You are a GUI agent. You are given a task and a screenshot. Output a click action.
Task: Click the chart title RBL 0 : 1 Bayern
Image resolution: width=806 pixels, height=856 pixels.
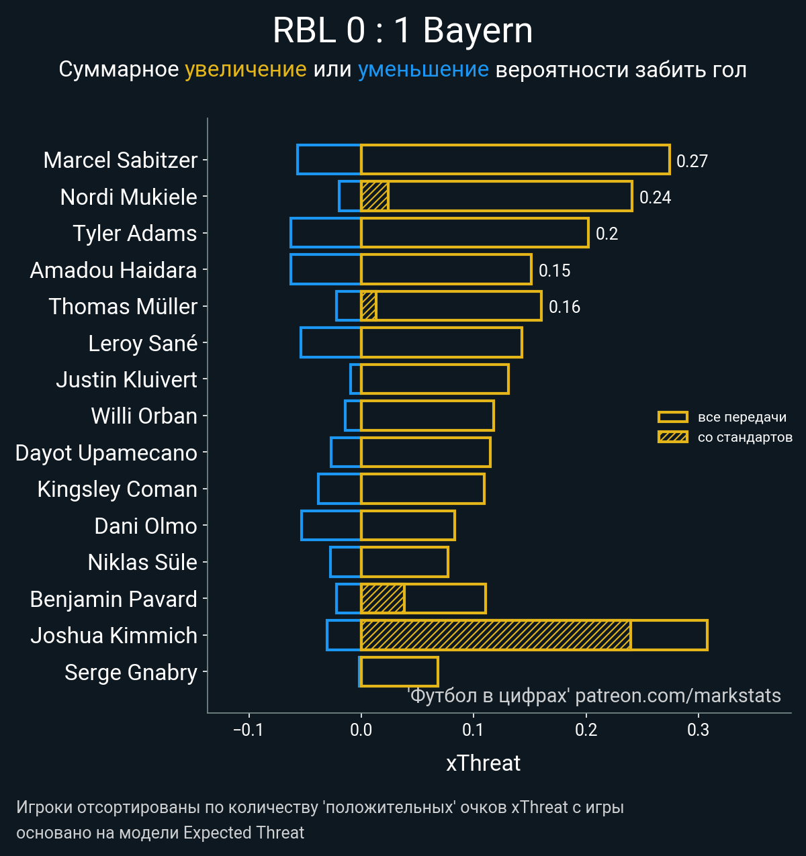(403, 31)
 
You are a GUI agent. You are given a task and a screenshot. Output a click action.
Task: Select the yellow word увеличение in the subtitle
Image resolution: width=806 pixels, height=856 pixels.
(245, 69)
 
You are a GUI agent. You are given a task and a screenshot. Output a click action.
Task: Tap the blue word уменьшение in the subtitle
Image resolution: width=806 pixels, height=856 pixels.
(423, 69)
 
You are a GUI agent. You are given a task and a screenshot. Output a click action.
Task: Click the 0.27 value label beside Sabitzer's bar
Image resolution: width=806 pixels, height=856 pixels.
(692, 161)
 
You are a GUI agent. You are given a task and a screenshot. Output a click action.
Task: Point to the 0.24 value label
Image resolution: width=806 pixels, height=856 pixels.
(655, 197)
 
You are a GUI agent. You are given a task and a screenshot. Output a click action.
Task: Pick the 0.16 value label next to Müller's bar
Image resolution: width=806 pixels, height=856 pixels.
(564, 307)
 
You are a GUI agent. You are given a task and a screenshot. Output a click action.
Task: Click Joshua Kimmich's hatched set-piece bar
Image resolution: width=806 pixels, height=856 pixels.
(496, 635)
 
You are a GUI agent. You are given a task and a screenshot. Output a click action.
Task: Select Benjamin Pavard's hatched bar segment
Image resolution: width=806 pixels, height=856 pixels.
(383, 599)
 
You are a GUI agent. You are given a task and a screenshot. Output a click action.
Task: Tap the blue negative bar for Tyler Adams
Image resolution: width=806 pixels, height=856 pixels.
(326, 233)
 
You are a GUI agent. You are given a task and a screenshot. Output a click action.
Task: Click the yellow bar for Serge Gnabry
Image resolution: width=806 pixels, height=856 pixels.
(400, 671)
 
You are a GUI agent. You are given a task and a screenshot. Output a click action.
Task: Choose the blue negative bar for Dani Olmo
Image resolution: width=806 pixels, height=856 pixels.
(331, 526)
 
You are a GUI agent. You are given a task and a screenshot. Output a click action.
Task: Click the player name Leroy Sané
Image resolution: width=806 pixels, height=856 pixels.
(142, 343)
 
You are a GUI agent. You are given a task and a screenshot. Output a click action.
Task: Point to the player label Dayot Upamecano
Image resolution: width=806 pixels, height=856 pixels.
(106, 453)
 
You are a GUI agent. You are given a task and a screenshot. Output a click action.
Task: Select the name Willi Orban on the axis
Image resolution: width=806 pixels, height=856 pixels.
(144, 416)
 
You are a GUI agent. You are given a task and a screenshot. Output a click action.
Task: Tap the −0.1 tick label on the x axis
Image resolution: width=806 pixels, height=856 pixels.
(248, 730)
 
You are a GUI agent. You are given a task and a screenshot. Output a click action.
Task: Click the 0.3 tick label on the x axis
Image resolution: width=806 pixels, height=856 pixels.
(698, 730)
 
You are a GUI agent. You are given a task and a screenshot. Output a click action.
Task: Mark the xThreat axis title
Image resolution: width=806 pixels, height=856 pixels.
(483, 763)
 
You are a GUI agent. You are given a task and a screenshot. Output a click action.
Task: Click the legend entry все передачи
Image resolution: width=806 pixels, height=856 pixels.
(742, 417)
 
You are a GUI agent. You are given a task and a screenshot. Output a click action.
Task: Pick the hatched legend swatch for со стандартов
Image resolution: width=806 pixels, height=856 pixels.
(672, 437)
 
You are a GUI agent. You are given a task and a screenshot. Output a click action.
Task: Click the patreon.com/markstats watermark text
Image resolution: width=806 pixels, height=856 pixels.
(678, 696)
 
